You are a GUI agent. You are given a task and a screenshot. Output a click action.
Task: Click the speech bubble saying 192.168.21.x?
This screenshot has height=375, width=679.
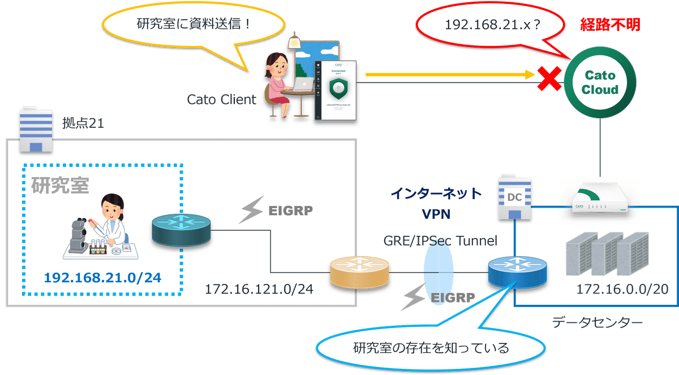tap(489, 25)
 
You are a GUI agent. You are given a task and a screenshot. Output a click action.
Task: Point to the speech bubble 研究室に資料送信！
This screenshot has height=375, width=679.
tap(192, 25)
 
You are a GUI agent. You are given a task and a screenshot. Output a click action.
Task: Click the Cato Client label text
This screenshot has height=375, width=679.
tap(221, 100)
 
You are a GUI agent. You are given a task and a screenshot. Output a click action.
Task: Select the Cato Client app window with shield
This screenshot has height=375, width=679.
tap(337, 89)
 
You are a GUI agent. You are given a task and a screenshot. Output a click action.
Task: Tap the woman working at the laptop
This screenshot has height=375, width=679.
tap(279, 82)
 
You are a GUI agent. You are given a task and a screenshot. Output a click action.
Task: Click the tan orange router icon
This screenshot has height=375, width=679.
tap(360, 271)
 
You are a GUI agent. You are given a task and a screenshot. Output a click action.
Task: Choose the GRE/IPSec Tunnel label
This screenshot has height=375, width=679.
tap(440, 241)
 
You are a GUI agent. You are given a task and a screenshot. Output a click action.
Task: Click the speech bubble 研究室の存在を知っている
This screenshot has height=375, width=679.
tap(431, 346)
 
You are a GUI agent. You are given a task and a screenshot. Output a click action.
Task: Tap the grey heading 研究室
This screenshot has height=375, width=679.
tap(60, 185)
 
